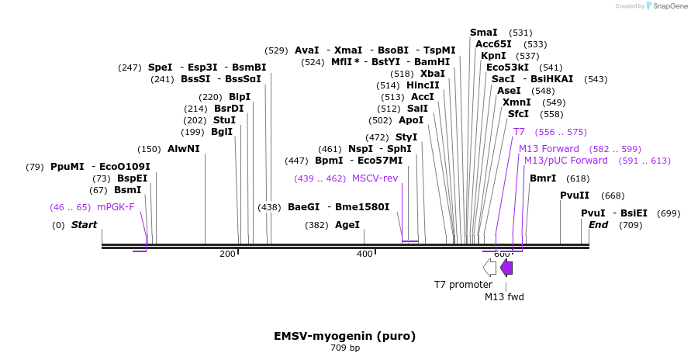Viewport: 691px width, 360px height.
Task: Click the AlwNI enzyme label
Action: [x=184, y=149]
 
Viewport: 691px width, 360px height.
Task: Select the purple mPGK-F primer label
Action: [x=116, y=207]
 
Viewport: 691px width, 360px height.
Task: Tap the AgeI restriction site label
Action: [x=347, y=225]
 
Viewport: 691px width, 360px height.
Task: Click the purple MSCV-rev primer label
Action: [x=375, y=178]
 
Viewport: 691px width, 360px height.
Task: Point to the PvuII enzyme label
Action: [x=575, y=196]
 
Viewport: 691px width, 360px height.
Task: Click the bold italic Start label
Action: [x=85, y=225]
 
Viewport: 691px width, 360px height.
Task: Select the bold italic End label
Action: [x=599, y=225]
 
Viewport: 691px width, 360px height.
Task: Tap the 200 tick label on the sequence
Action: [x=228, y=254]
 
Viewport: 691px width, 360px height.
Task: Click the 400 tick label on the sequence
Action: [x=365, y=254]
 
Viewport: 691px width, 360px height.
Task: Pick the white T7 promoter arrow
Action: [x=489, y=268]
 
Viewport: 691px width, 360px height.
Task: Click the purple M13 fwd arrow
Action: [x=506, y=268]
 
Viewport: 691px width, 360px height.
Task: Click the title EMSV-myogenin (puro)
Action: [x=344, y=336]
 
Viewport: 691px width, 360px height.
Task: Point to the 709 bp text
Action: [x=345, y=348]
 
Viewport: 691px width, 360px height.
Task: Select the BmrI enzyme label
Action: [x=543, y=178]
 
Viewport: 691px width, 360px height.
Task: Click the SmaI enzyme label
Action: [x=484, y=33]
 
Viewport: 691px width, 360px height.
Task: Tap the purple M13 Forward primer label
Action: [x=549, y=149]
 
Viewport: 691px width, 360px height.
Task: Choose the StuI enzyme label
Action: [x=224, y=120]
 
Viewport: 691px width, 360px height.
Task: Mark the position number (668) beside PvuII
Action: [x=613, y=196]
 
